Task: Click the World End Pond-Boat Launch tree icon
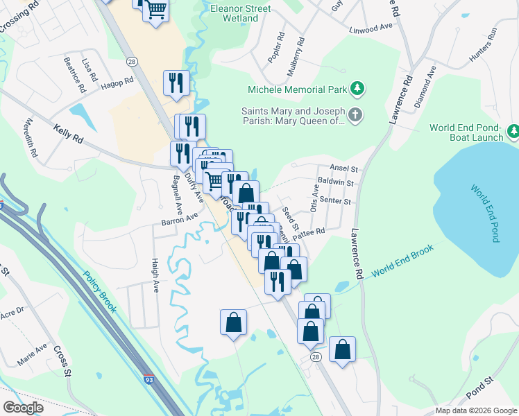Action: [513, 131]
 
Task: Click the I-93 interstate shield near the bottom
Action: [149, 379]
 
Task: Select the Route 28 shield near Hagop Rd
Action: [131, 62]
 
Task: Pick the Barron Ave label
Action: [180, 219]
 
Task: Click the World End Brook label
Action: [402, 261]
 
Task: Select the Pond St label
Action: [479, 390]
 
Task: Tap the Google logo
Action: [24, 407]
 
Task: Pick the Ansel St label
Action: [343, 169]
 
